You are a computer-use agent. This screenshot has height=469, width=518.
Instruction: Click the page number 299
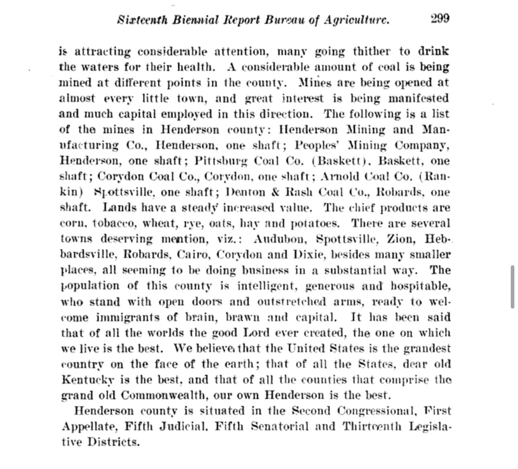coord(440,19)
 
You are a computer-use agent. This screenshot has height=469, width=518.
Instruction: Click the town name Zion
coord(400,239)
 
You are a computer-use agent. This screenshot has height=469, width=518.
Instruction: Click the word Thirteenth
coord(372,426)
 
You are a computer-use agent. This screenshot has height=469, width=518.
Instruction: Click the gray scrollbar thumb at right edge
coord(512,287)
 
